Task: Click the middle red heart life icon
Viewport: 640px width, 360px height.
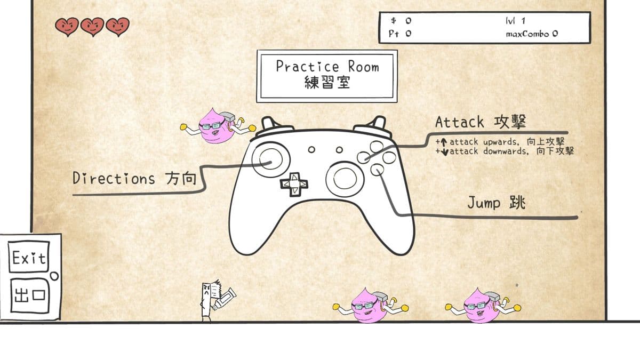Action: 92,27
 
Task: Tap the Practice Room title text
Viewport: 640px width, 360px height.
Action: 327,67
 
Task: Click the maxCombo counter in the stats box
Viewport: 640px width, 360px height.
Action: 532,34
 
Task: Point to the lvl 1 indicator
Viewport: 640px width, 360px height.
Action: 515,21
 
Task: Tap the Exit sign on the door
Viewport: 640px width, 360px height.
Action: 29,257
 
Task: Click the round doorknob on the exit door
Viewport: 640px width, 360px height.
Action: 54,276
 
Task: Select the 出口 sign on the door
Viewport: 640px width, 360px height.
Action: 30,295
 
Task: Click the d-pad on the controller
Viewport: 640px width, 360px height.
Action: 294,185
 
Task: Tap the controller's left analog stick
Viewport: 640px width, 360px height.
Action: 270,159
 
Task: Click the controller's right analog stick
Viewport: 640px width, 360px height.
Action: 345,179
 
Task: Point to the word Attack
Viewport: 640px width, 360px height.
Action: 459,122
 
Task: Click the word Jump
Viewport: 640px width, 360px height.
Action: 484,203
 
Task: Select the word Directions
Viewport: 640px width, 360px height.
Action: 114,178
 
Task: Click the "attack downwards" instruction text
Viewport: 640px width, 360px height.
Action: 505,151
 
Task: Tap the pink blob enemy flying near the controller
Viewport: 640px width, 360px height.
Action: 218,126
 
